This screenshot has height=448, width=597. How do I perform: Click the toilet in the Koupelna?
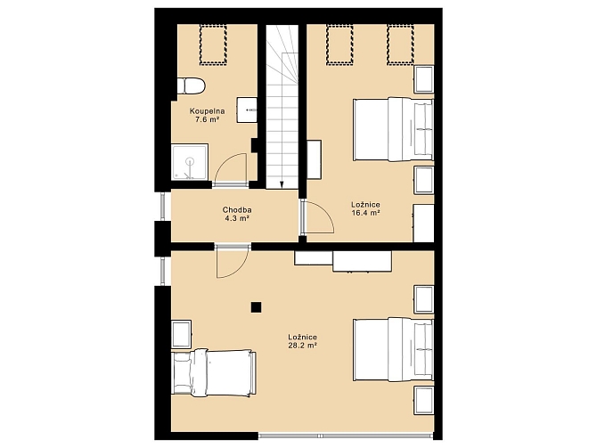click(192, 86)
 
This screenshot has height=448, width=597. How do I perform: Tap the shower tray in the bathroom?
click(190, 162)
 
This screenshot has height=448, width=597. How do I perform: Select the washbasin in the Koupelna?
click(247, 110)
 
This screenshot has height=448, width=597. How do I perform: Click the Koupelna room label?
click(207, 111)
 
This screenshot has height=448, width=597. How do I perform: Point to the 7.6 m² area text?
click(207, 119)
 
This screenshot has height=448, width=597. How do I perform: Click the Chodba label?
click(237, 209)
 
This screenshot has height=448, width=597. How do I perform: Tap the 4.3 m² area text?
click(237, 218)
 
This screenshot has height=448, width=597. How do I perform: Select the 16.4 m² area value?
click(365, 213)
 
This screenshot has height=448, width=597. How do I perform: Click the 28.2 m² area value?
click(303, 346)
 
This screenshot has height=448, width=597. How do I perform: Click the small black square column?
click(257, 307)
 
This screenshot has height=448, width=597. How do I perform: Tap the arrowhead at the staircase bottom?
click(282, 185)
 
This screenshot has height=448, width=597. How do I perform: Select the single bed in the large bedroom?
click(214, 372)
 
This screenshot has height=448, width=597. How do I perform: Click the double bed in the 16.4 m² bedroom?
click(394, 129)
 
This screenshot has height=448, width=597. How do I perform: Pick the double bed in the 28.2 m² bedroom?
click(394, 349)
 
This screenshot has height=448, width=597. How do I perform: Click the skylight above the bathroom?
click(213, 44)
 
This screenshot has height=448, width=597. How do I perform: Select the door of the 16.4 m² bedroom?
click(317, 217)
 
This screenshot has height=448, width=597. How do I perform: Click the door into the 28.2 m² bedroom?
click(233, 262)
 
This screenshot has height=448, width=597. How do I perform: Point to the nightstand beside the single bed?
click(181, 334)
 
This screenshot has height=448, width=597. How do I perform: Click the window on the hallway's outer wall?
click(162, 206)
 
